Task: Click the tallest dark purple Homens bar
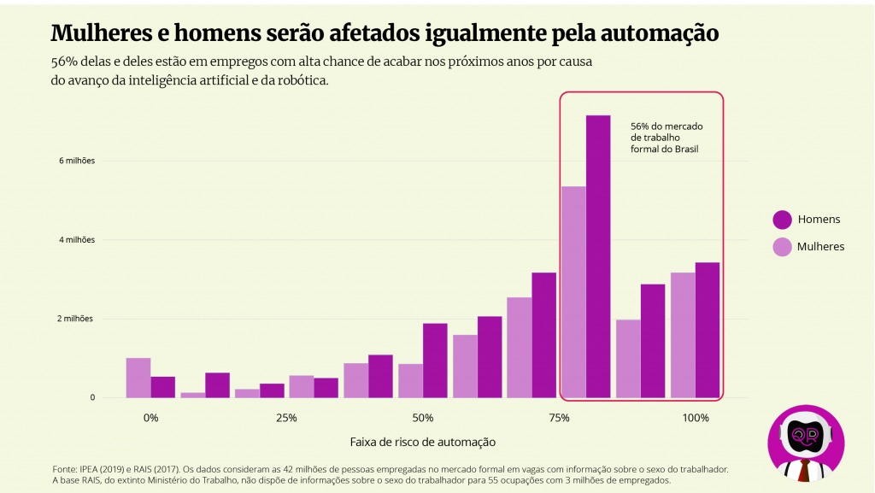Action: tap(598, 256)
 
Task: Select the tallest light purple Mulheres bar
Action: tap(573, 291)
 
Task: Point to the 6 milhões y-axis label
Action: tap(77, 161)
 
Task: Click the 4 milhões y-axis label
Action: tap(77, 240)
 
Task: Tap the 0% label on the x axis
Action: tap(151, 418)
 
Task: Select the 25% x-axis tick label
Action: tap(286, 418)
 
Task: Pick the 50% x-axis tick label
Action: tap(422, 418)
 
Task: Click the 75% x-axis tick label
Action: tap(559, 418)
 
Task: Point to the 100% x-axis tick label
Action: tap(696, 418)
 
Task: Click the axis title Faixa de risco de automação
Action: tap(422, 442)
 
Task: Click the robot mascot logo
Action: tap(806, 442)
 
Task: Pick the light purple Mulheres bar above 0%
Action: tap(138, 378)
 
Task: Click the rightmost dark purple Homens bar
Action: tap(708, 330)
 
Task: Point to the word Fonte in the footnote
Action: tap(65, 469)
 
